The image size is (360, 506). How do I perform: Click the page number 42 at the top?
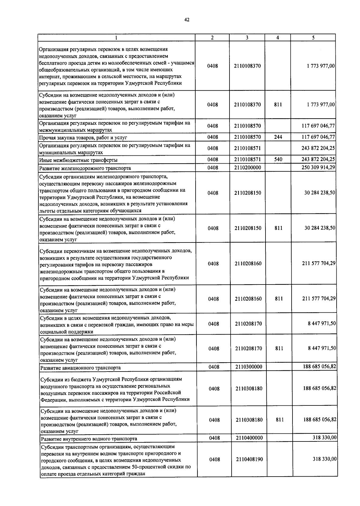[x=187, y=20]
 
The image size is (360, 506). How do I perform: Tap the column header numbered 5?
[x=313, y=38]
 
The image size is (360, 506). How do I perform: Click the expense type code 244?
[x=278, y=137]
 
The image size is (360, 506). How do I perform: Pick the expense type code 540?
[x=278, y=159]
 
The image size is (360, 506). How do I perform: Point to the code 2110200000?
[x=248, y=167]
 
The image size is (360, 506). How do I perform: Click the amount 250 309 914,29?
[x=318, y=167]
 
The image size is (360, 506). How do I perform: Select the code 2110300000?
[x=249, y=367]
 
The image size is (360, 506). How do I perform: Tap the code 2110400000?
[x=249, y=438]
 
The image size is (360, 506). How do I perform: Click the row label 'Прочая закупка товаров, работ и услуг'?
[x=83, y=138]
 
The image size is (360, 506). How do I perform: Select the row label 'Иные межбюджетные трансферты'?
[x=78, y=160]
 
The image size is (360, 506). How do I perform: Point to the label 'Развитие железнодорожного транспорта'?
[x=85, y=168]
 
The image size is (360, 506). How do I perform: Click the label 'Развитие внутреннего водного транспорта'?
[x=89, y=439]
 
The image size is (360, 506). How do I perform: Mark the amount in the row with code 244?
[x=318, y=137]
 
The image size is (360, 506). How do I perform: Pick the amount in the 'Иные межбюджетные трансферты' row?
[x=318, y=159]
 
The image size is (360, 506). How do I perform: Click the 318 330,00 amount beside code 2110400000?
[x=325, y=438]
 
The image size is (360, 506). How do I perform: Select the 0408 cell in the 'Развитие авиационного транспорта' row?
[x=214, y=367]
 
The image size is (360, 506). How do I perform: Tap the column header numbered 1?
[x=116, y=38]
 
